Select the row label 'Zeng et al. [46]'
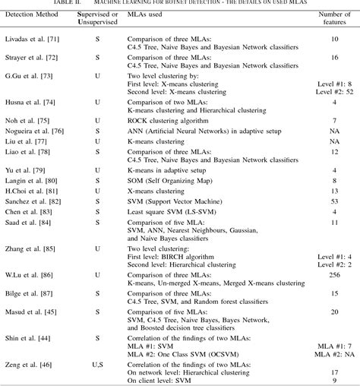click(25, 362)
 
